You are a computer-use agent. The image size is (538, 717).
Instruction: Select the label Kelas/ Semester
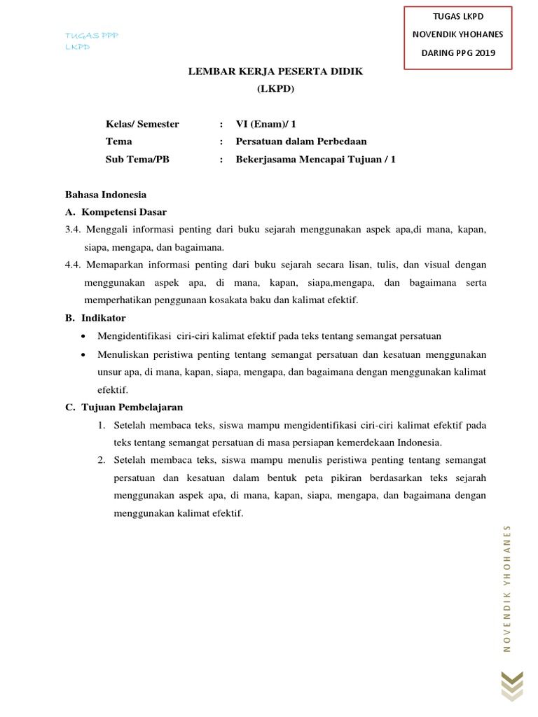pyautogui.click(x=142, y=124)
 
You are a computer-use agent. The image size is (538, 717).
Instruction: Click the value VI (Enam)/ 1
pyautogui.click(x=266, y=124)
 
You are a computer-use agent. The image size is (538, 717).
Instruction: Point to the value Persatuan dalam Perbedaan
pyautogui.click(x=301, y=141)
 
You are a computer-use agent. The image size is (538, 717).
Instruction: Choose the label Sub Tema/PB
pyautogui.click(x=137, y=159)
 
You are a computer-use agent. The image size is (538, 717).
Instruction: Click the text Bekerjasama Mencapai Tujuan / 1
pyautogui.click(x=316, y=159)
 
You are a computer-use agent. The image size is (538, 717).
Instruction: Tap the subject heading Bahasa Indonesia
pyautogui.click(x=106, y=195)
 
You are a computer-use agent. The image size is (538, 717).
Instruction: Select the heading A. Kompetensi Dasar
pyautogui.click(x=116, y=212)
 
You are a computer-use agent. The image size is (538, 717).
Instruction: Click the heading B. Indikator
pyautogui.click(x=95, y=318)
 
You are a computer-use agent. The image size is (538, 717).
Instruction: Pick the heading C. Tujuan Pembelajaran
pyautogui.click(x=124, y=407)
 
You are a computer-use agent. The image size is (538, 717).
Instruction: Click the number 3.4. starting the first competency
pyautogui.click(x=74, y=230)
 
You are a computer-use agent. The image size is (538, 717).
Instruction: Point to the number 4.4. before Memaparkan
pyautogui.click(x=74, y=265)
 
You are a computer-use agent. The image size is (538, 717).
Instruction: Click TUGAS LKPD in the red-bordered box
pyautogui.click(x=457, y=16)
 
